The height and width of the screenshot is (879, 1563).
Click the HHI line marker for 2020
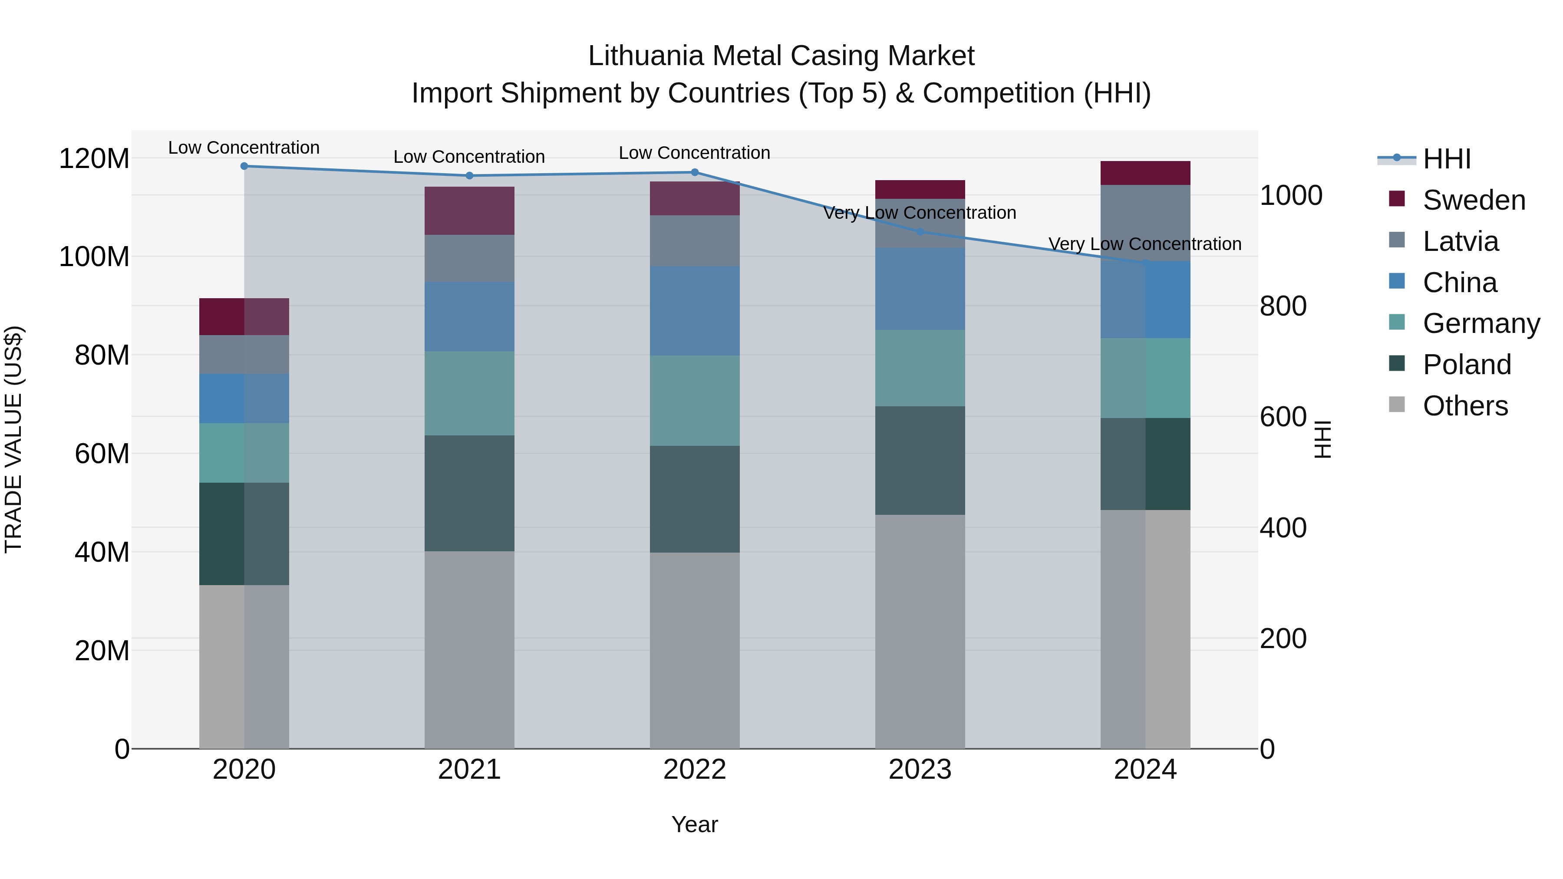coord(244,166)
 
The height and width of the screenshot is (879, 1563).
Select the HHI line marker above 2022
coord(695,172)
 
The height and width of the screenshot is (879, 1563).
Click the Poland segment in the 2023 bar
coord(920,461)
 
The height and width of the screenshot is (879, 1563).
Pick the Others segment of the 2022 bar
coord(695,650)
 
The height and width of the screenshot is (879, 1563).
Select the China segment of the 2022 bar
coord(695,311)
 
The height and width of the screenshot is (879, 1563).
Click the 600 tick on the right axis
coord(1283,417)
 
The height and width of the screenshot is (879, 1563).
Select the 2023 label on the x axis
coord(920,770)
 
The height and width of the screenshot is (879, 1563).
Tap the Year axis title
coord(694,824)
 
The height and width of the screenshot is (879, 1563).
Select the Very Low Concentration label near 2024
coord(1144,244)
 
